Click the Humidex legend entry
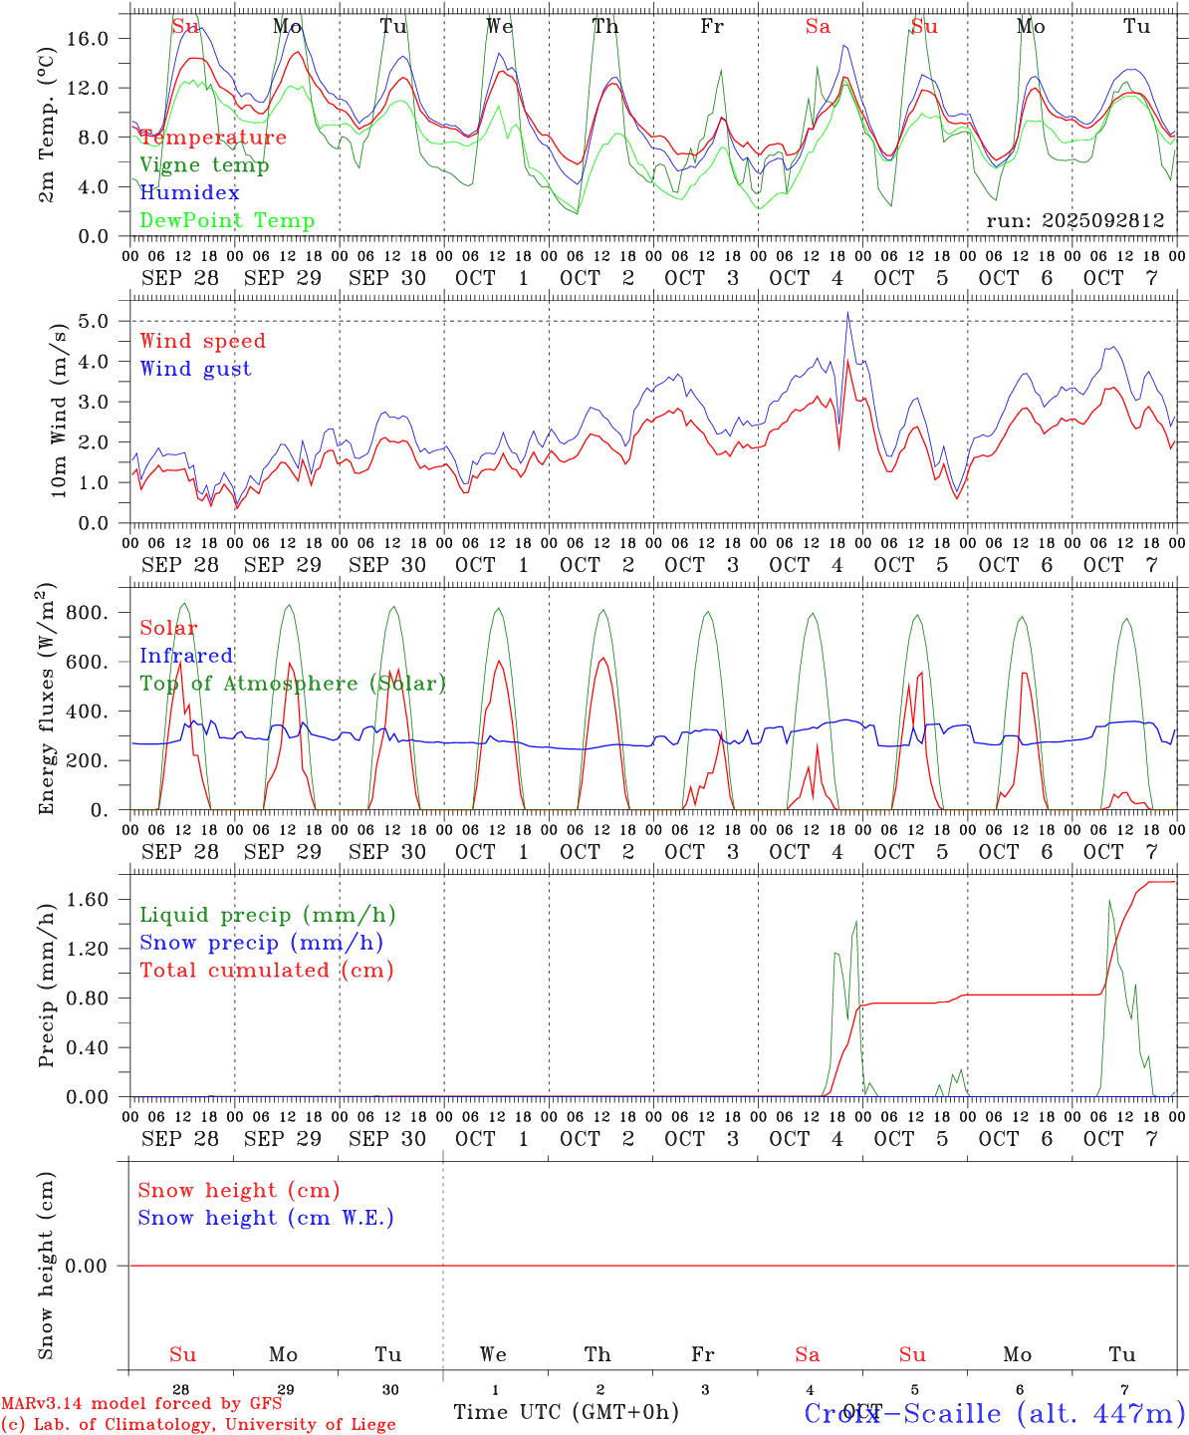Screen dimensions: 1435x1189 pyautogui.click(x=190, y=193)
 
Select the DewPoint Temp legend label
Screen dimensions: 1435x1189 pyautogui.click(x=227, y=221)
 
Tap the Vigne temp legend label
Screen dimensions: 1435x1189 pyautogui.click(x=204, y=165)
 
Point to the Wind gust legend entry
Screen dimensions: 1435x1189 pyautogui.click(x=195, y=369)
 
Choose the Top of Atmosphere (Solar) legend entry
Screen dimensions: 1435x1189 pyautogui.click(x=293, y=684)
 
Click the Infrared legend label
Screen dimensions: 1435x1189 pyautogui.click(x=186, y=656)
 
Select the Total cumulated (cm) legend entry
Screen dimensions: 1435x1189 pyautogui.click(x=267, y=971)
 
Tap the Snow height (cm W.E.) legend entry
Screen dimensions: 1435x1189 pyautogui.click(x=266, y=1218)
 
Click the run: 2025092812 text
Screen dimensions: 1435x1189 pyautogui.click(x=1075, y=221)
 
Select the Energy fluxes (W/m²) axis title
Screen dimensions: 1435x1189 pyautogui.click(x=47, y=702)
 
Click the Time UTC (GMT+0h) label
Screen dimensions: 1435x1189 pyautogui.click(x=566, y=1412)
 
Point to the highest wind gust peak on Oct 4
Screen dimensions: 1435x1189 pyautogui.click(x=847, y=313)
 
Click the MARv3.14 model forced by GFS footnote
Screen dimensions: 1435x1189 pyautogui.click(x=141, y=1403)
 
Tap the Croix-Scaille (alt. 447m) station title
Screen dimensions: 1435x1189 pyautogui.click(x=994, y=1413)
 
